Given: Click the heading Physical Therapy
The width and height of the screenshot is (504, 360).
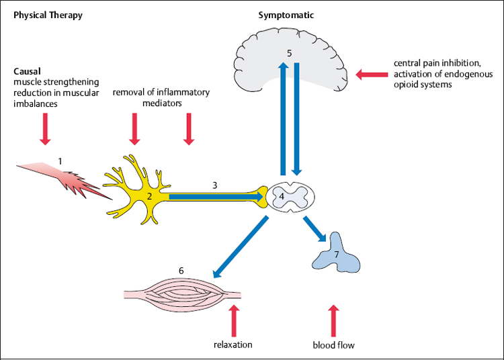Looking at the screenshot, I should coord(48,15).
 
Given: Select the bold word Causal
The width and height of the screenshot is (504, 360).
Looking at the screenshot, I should coord(27,70).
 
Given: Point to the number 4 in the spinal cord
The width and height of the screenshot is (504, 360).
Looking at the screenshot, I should coord(282,196).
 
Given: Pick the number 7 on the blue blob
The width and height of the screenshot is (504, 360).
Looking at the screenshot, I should coord(336,255).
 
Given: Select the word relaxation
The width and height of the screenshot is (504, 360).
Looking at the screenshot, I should coord(233,345).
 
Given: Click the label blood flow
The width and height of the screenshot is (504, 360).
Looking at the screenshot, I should coord(333,345).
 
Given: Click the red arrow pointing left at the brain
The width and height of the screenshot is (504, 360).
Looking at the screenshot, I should coord(369,74).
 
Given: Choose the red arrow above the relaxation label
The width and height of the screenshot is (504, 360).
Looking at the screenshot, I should coord(234,320).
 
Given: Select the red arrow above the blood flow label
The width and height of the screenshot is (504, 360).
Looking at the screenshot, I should coord(333,320).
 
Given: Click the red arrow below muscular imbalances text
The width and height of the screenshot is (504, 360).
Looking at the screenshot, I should coord(45,129).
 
